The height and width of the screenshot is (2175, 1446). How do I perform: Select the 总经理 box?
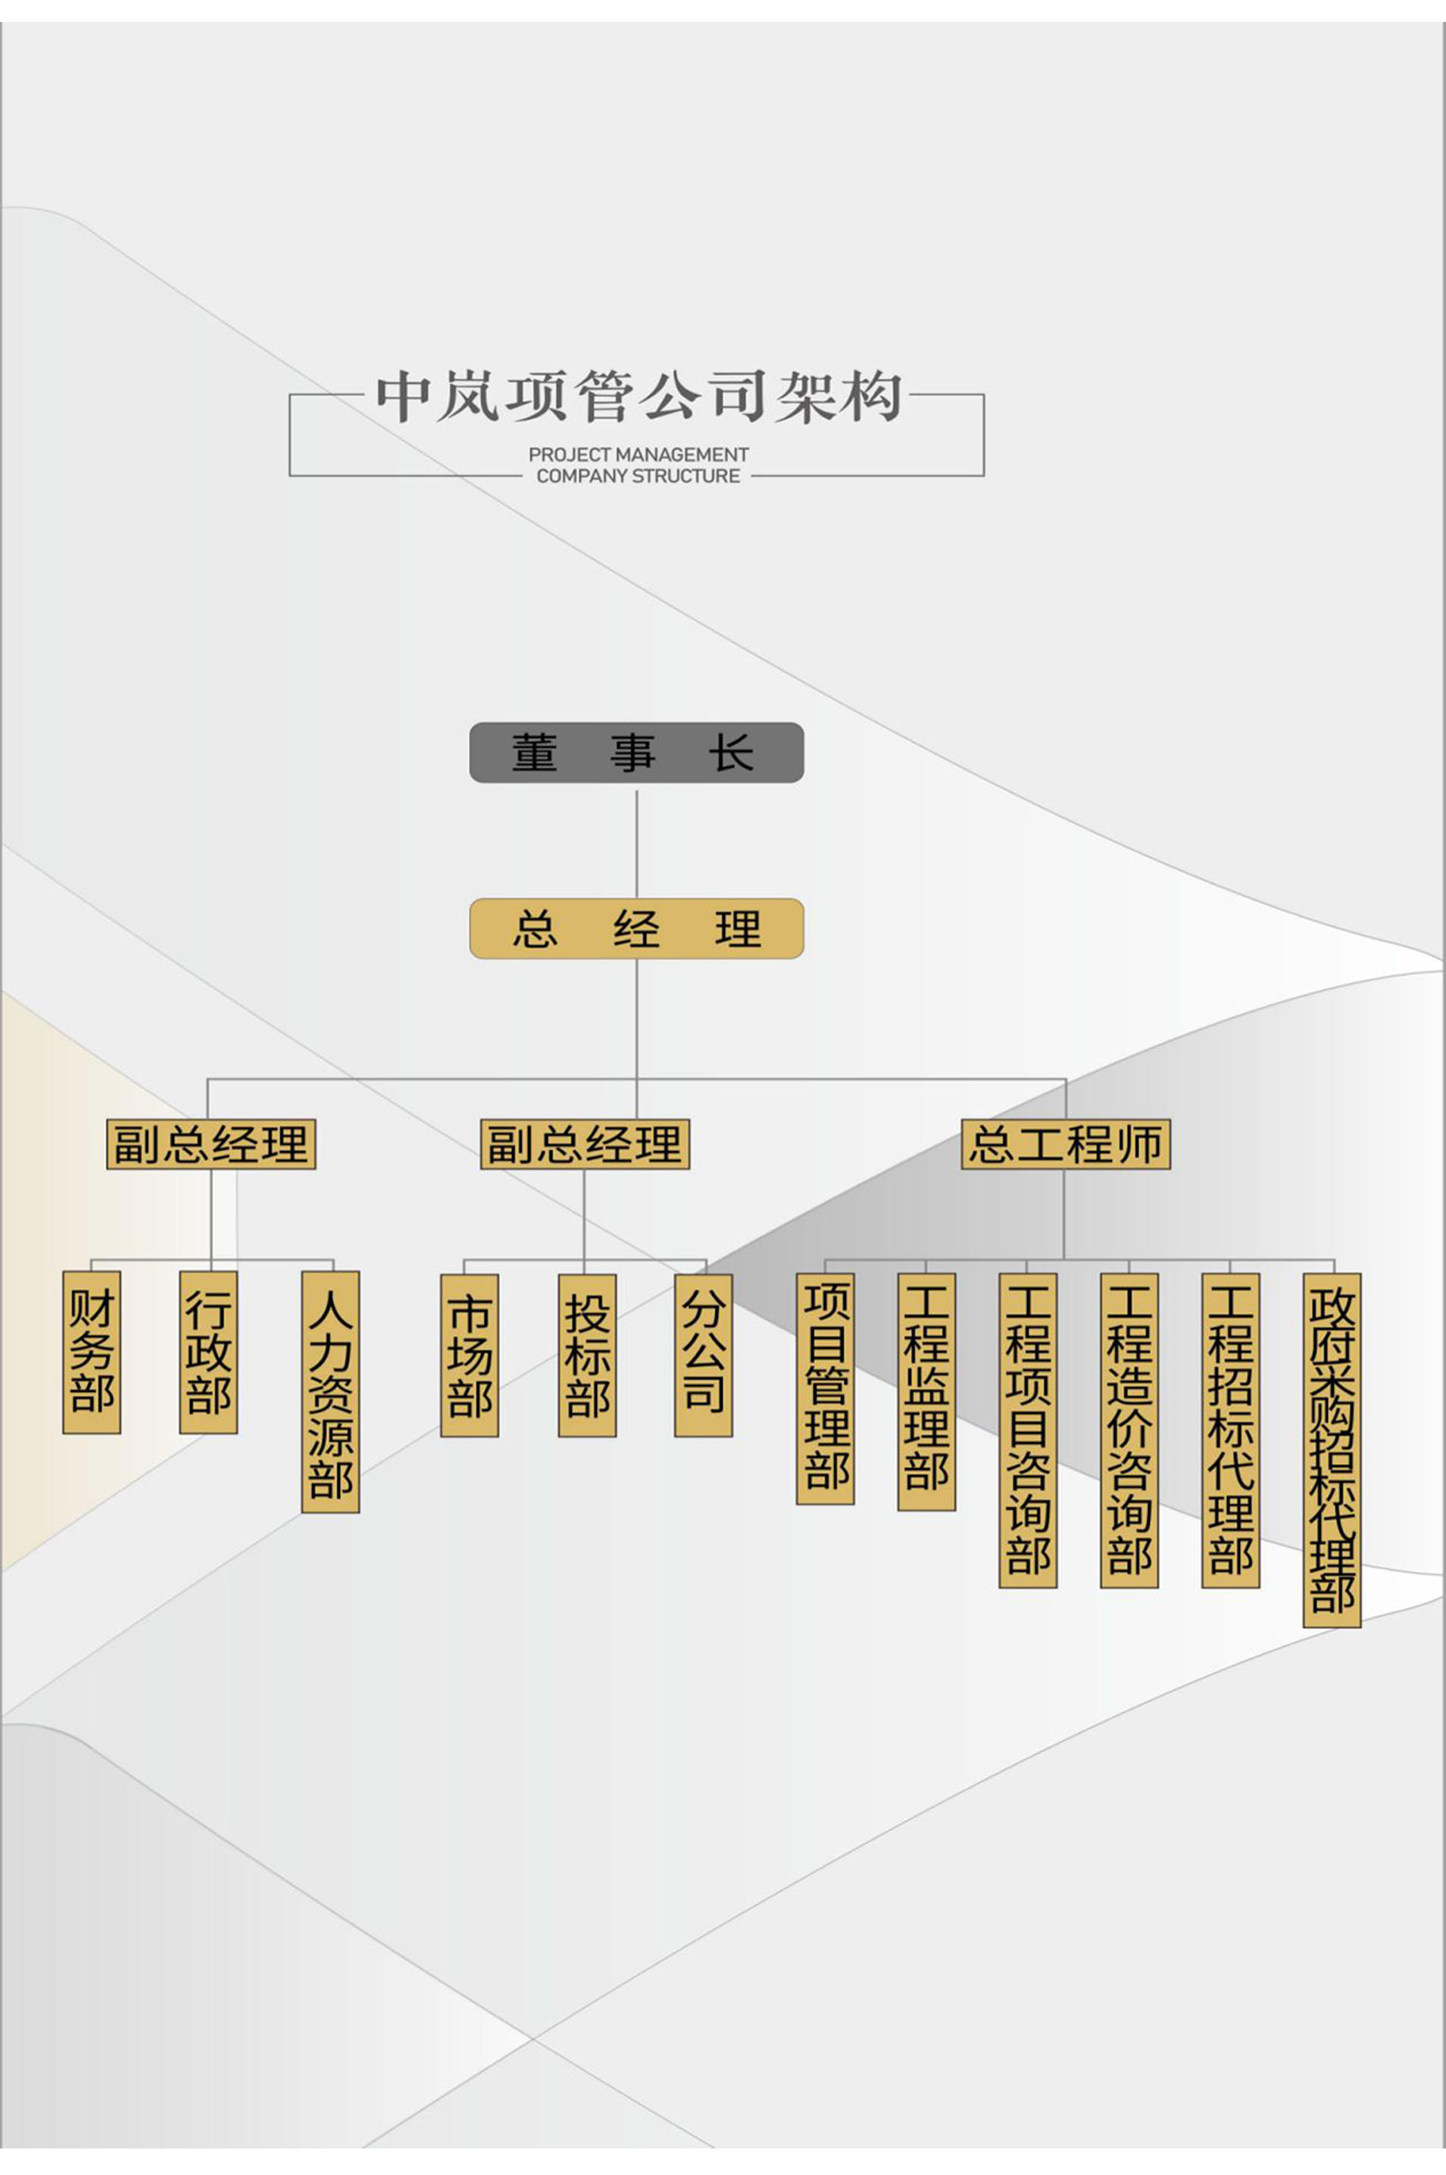[636, 928]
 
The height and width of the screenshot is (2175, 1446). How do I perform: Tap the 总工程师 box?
[1065, 1144]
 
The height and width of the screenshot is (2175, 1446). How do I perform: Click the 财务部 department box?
[92, 1352]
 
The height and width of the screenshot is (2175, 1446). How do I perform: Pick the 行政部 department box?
[208, 1352]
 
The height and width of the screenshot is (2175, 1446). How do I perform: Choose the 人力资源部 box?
[330, 1391]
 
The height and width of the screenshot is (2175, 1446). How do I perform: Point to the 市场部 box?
[470, 1356]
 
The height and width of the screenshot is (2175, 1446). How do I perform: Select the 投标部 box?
[588, 1356]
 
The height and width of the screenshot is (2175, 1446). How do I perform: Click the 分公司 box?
[704, 1356]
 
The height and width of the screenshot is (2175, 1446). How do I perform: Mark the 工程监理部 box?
[927, 1391]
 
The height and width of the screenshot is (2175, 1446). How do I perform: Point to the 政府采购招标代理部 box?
[1332, 1450]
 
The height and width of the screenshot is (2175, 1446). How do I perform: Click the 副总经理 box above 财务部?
[211, 1144]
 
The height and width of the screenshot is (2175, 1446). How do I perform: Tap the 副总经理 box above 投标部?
[585, 1144]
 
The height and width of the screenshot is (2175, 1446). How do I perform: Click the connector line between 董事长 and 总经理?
[636, 843]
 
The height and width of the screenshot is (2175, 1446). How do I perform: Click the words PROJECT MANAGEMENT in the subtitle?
[638, 454]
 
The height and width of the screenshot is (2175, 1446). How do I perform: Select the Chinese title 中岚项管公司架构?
[638, 398]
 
